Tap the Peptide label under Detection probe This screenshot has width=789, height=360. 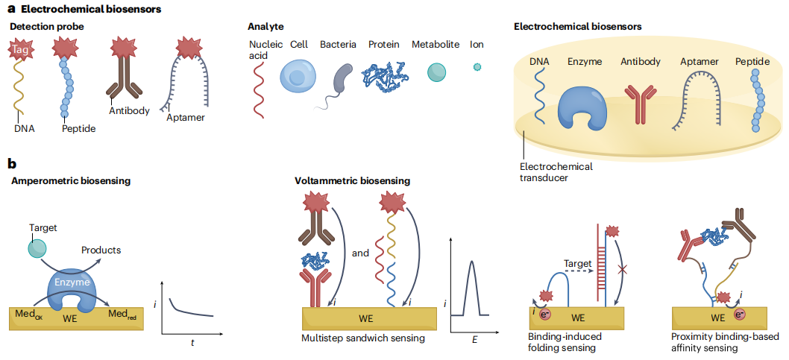78,128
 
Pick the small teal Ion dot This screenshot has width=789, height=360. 477,66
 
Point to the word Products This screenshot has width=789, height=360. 101,250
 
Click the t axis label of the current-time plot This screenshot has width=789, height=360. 192,342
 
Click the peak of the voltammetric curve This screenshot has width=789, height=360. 472,262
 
